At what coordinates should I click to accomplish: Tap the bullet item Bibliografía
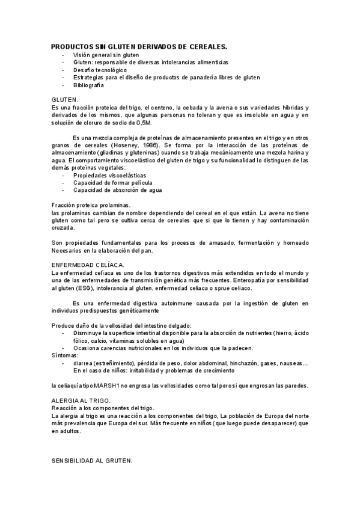tap(89, 85)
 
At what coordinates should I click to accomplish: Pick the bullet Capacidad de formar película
tap(112, 183)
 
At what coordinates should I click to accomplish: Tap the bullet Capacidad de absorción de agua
tap(117, 190)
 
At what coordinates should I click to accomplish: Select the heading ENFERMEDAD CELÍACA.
tap(88, 265)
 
